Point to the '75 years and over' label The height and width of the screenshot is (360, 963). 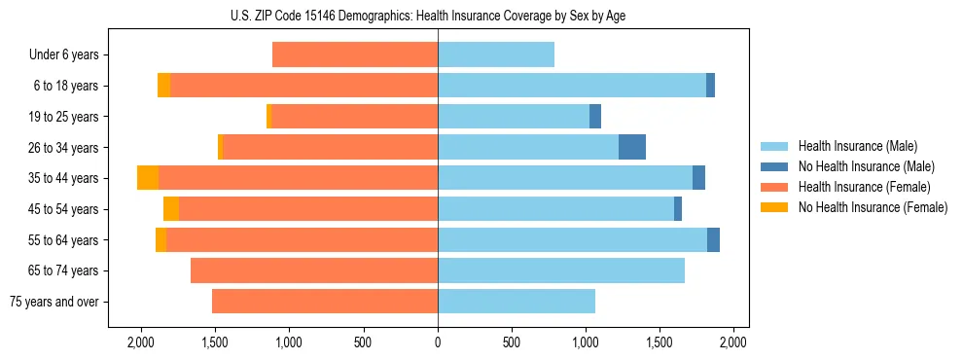point(54,302)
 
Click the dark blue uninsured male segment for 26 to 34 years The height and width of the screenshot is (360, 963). point(632,147)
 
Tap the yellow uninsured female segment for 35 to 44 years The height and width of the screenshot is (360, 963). point(148,178)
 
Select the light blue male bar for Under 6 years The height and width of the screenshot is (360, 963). point(496,54)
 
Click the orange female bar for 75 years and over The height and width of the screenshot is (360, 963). point(325,302)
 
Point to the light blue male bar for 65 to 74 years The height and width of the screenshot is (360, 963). point(561,270)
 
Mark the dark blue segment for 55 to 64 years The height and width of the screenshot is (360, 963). point(713,239)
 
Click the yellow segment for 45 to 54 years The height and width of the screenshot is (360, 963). point(171,209)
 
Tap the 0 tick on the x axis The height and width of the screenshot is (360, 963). point(438,342)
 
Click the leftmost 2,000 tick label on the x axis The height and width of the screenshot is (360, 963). point(141,342)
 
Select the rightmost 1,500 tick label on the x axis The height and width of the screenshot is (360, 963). point(660,342)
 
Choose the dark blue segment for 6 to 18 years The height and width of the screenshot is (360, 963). point(710,86)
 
